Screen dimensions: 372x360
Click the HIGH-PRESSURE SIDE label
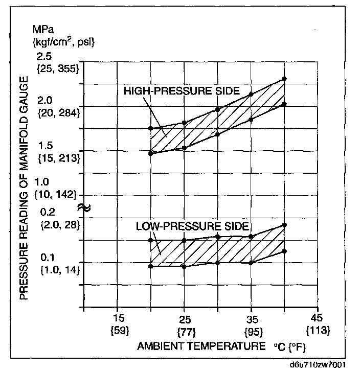182,91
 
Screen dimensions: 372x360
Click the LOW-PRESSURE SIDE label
192,226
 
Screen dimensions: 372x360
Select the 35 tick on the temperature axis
251,317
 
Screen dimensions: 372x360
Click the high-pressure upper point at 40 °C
284,79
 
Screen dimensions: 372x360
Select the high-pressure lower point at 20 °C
150,153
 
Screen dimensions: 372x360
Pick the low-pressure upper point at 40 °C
284,225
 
